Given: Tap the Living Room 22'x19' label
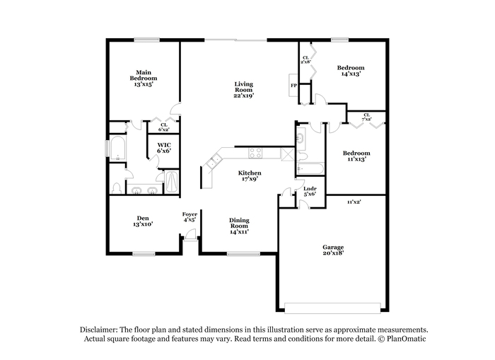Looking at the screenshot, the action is pos(244,90).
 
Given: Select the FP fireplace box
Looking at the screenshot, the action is pos(293,86).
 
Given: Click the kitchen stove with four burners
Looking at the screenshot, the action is pos(255,153).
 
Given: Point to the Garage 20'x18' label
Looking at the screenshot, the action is pos(333,250).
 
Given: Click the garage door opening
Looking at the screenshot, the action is pos(332,308).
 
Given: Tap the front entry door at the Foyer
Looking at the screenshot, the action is pos(190,236).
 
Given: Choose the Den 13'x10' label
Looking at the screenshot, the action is pos(143,221).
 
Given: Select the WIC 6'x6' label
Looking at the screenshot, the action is pos(164,148).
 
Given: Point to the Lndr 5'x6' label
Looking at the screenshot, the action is pos(310,192).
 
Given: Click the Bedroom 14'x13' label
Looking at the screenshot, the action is pos(351,71).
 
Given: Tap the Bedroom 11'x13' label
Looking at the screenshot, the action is pos(356,156).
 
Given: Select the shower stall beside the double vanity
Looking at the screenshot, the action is pos(172,182).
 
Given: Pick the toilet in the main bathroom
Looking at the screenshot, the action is pos(117,188).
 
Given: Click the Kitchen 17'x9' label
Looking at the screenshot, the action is pos(250,175).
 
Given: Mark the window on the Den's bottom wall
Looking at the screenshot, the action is pos(144,254).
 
